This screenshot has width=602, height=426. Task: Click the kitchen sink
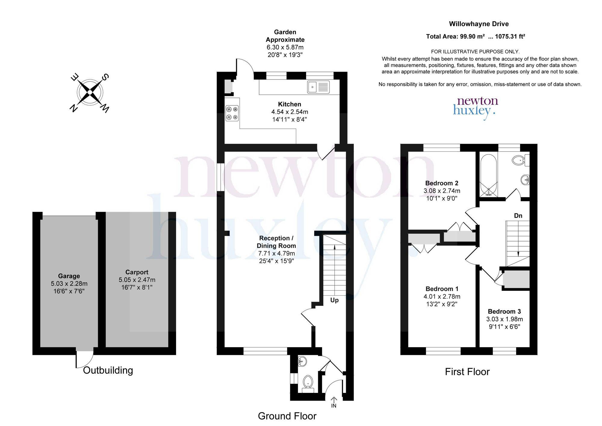(318, 87)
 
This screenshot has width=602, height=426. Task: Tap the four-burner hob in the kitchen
(232, 113)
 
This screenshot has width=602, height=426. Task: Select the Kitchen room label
(290, 104)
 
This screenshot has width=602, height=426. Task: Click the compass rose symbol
(90, 93)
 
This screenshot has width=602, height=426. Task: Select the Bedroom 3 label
(504, 312)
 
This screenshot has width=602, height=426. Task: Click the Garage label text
(69, 276)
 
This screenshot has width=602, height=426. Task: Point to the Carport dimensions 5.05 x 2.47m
(137, 280)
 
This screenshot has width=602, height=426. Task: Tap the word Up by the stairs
(334, 300)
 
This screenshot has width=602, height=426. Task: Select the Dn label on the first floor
(518, 216)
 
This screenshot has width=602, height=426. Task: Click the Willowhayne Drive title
(479, 24)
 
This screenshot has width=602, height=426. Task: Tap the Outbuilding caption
(108, 370)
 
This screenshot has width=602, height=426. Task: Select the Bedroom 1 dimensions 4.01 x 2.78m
(442, 297)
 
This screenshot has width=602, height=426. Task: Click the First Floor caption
(467, 372)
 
